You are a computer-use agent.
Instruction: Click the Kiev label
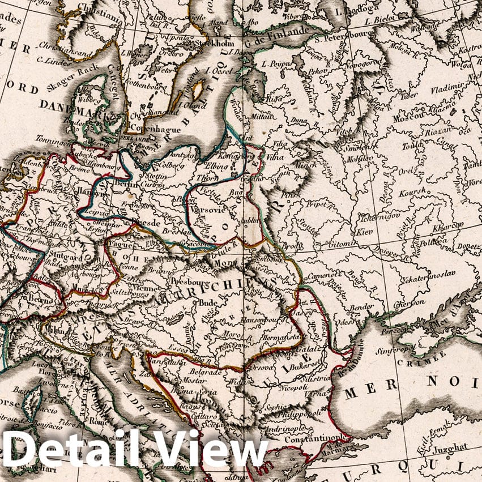[362, 232]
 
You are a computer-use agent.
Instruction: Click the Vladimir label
[447, 89]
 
